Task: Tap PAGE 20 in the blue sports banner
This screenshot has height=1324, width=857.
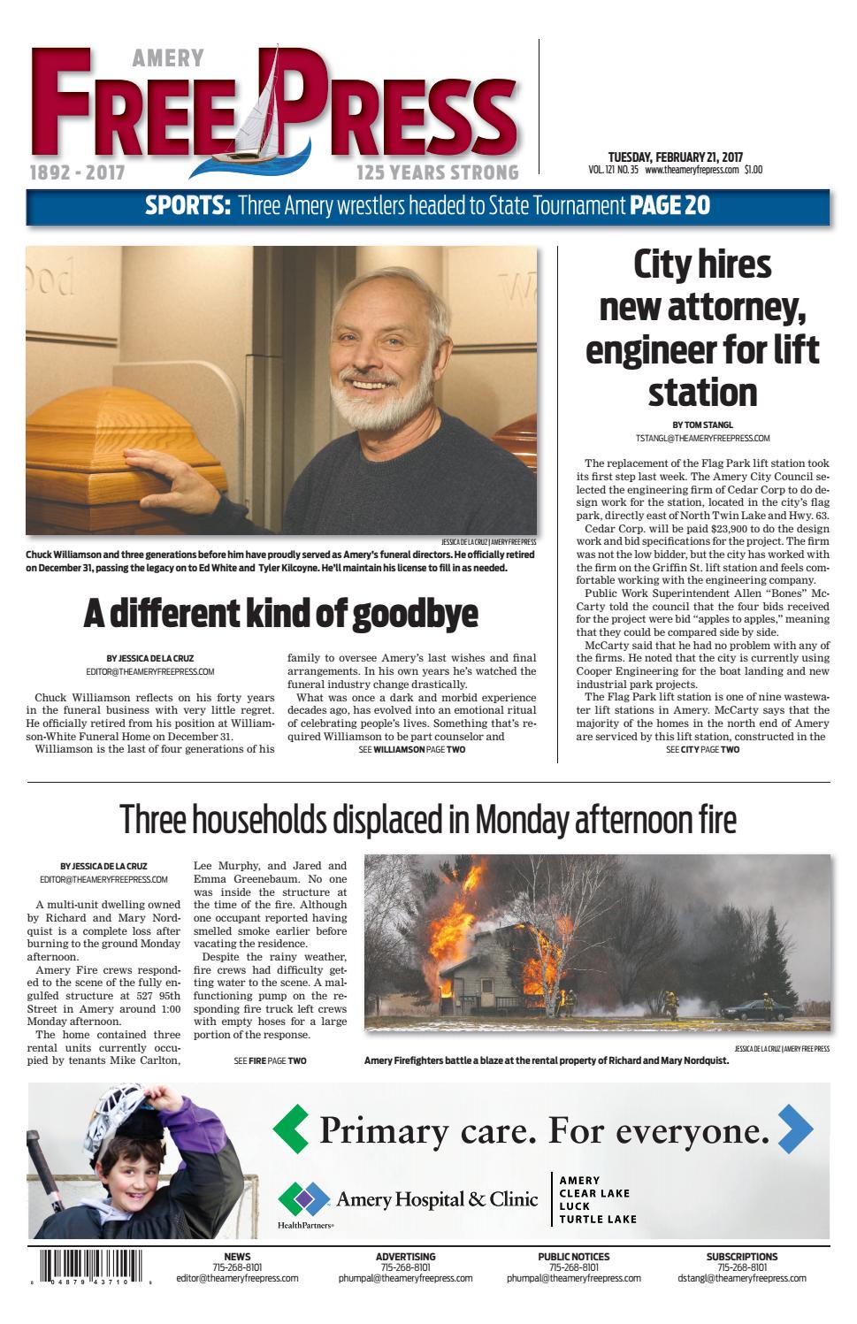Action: [x=670, y=205]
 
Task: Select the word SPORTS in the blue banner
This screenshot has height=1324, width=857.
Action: [x=187, y=206]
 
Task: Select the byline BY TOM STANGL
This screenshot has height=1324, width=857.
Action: [x=702, y=425]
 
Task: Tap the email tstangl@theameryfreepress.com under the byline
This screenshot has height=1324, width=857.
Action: [x=702, y=438]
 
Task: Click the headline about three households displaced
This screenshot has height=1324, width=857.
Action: [x=428, y=820]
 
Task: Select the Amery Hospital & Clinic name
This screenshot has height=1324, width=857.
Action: [x=437, y=1199]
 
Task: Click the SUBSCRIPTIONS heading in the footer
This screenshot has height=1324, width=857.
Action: [x=742, y=1256]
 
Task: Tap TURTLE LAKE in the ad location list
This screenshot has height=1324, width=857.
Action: [x=597, y=1219]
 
